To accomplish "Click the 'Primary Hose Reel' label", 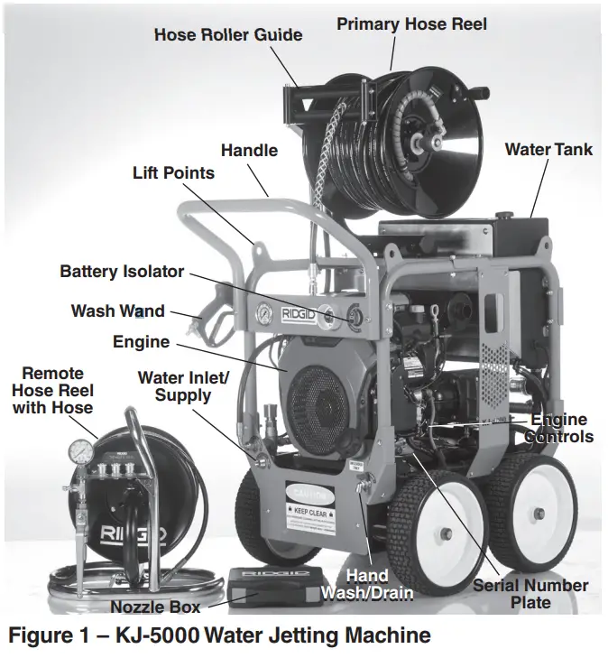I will pos(411,23).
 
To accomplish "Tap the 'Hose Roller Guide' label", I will pos(228,35).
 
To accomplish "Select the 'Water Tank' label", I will pos(548,149).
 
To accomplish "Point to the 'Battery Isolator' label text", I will pos(122,271).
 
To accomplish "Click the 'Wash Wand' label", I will pos(118,311).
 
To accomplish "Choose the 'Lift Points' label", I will pos(173,171).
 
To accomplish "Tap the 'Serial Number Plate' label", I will pos(530,594).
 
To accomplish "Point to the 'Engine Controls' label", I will pos(561,428).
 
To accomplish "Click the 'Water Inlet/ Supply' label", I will pos(183,386).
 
